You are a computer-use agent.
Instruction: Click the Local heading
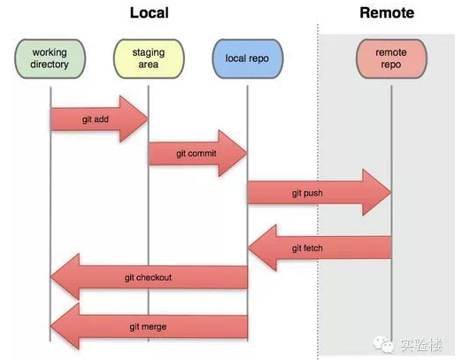[150, 12]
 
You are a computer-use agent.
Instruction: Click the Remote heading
[387, 12]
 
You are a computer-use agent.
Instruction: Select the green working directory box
[50, 58]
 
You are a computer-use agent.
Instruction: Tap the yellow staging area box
[149, 58]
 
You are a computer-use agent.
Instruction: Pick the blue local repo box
[247, 58]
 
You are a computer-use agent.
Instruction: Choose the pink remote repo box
[391, 58]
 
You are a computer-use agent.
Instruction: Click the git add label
[96, 119]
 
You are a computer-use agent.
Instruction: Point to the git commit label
[196, 154]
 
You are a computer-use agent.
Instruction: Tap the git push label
[307, 193]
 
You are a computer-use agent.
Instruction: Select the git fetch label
[307, 249]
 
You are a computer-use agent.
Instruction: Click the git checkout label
[148, 278]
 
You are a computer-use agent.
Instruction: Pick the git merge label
[148, 326]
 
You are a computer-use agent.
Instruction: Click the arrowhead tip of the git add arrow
[147, 119]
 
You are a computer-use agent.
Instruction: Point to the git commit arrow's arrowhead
[246, 153]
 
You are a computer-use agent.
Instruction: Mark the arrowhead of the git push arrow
[390, 193]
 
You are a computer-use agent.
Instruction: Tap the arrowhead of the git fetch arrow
[249, 248]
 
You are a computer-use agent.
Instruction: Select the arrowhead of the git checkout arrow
[50, 277]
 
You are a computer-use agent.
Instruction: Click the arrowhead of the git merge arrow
[50, 326]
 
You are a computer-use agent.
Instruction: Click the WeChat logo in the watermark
[383, 344]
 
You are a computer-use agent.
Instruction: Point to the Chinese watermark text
[421, 345]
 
